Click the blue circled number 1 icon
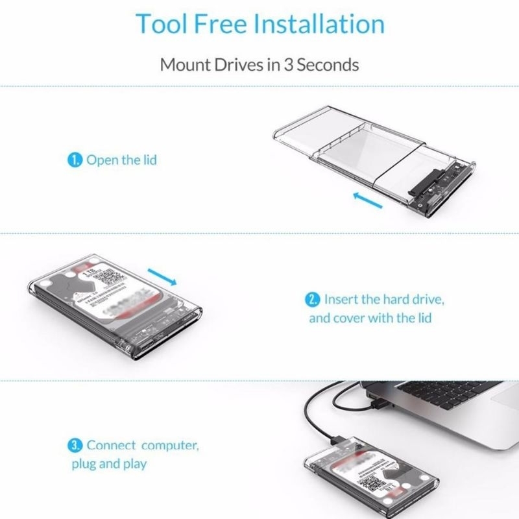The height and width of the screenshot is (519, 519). pos(76,160)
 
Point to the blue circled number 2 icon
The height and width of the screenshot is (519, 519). pos(313,300)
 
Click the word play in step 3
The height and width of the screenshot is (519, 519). pos(134,464)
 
